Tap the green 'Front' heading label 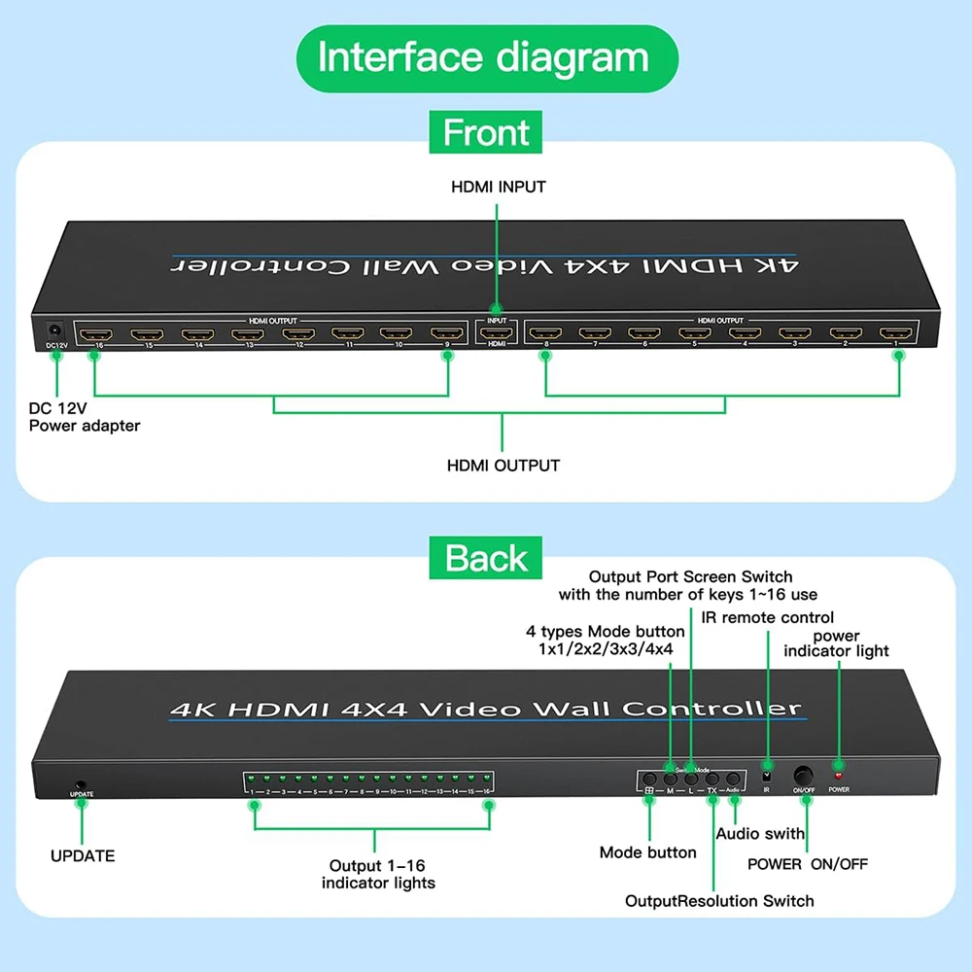(486, 132)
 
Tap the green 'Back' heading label (486, 558)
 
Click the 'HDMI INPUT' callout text (499, 187)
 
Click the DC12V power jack (55, 331)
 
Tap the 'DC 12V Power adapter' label (85, 417)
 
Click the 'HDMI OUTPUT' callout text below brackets (503, 466)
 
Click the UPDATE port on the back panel (82, 783)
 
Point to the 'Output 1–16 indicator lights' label (377, 874)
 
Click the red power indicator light (838, 778)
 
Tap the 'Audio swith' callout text (760, 833)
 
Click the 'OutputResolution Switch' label (719, 901)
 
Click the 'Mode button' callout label (647, 852)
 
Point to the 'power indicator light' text (837, 643)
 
